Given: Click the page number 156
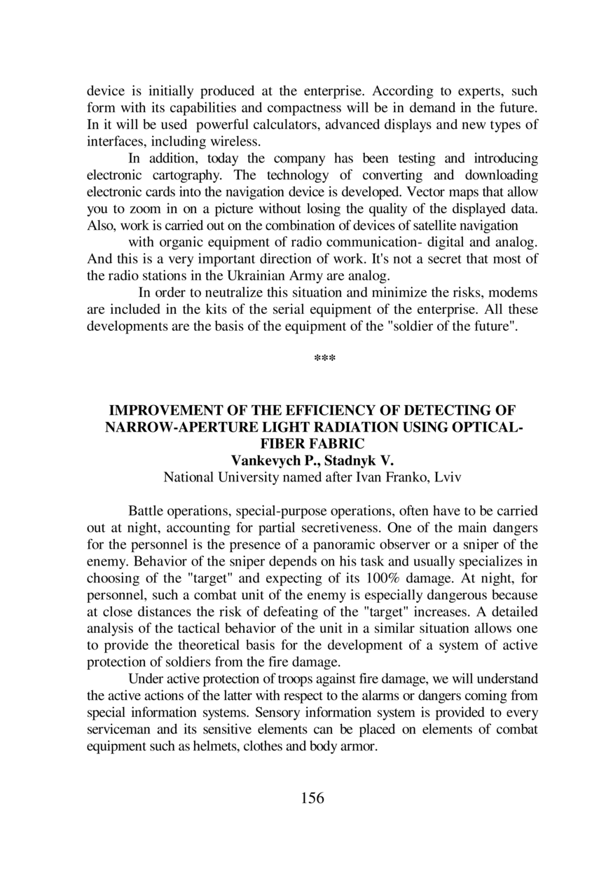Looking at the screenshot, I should [312, 798].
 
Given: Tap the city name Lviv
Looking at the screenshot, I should [448, 478].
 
